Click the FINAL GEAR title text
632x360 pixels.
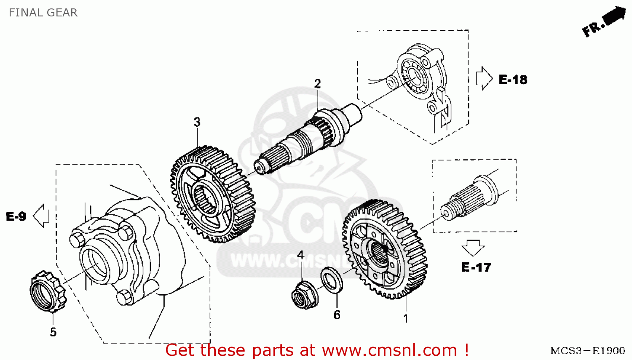tap(43, 13)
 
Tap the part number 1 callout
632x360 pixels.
tap(406, 319)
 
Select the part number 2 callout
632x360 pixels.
tap(317, 84)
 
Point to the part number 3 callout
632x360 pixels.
tap(197, 122)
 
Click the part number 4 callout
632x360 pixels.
tap(300, 255)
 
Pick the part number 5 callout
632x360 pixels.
tap(53, 332)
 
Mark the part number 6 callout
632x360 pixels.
tap(337, 315)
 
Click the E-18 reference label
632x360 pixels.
tap(513, 80)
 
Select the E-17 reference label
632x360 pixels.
tap(476, 267)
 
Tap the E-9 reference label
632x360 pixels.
tap(16, 216)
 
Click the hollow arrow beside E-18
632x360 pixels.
tap(484, 78)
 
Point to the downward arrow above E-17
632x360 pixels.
tap(473, 248)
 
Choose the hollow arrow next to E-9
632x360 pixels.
tap(41, 216)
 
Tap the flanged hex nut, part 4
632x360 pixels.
tap(304, 295)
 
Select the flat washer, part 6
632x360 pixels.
tap(332, 280)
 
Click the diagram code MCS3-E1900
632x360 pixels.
tap(587, 351)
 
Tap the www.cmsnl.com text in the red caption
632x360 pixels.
tap(390, 350)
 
